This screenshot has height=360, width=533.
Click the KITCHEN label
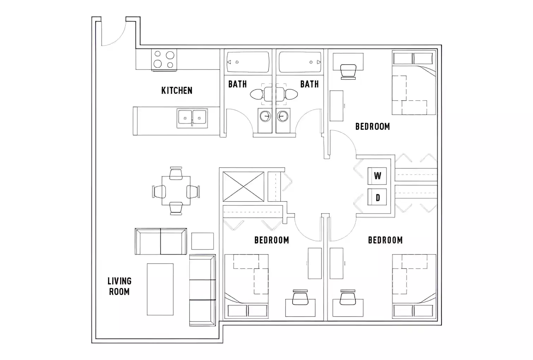(x=177, y=90)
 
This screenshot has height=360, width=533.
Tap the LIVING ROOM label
(x=119, y=286)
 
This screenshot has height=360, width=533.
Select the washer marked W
(x=377, y=176)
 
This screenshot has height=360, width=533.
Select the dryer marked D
(x=377, y=198)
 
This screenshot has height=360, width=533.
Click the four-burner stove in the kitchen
(x=164, y=60)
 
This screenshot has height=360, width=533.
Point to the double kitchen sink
(x=192, y=118)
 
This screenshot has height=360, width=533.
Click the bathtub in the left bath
(x=247, y=62)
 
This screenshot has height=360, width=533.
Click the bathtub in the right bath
(x=301, y=62)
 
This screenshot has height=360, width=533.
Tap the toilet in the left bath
(x=257, y=94)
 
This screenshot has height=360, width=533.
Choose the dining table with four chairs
(x=176, y=191)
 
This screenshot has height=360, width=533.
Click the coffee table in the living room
(x=160, y=289)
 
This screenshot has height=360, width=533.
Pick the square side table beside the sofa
(x=202, y=241)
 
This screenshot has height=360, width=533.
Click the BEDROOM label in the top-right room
(x=372, y=126)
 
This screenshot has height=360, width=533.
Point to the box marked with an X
(x=244, y=187)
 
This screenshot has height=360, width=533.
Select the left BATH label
(x=237, y=84)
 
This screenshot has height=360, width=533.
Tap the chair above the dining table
(x=176, y=173)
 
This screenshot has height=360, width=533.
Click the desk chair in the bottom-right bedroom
(x=347, y=297)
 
